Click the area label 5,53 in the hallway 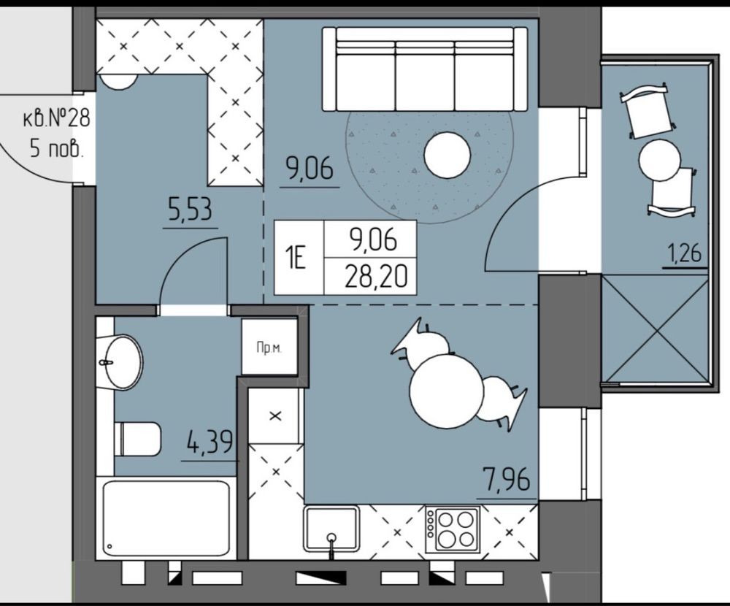(190, 210)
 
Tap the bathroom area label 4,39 (210, 442)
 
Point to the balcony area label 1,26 (685, 254)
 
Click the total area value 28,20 (376, 277)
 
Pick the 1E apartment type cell (296, 258)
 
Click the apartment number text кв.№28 (56, 118)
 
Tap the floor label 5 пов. (57, 149)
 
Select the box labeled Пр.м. (269, 347)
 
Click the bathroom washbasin (121, 361)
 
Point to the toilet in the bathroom (137, 440)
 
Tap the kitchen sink (331, 529)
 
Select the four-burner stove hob (452, 529)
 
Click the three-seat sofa (425, 69)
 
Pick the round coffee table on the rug (447, 155)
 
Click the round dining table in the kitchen (447, 391)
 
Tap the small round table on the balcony (659, 159)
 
